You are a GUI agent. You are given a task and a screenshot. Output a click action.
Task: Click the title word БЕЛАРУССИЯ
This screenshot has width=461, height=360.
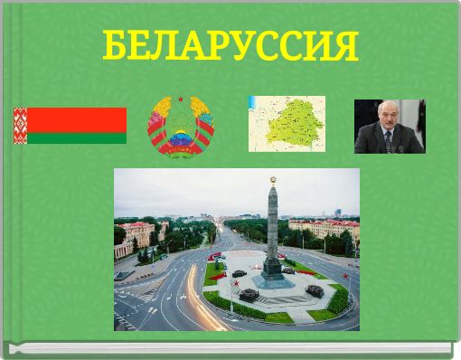pos(230,45)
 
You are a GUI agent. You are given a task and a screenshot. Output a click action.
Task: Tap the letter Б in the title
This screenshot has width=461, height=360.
pos(114,45)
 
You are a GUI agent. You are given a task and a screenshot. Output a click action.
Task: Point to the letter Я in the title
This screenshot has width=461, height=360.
pos(345,45)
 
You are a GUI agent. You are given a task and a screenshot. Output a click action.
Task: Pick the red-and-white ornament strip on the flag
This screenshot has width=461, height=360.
pos(19,126)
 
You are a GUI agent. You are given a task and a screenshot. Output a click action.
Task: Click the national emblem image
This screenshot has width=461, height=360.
pos(181,127)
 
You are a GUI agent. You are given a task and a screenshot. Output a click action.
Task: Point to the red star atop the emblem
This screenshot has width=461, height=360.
pos(181,99)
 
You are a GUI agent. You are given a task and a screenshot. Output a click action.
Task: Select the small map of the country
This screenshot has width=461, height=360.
pos(287,124)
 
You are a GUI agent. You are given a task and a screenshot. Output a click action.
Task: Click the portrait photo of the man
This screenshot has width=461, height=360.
pos(389,127)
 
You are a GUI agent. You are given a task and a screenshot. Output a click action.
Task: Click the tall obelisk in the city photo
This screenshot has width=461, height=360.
pos(271,226)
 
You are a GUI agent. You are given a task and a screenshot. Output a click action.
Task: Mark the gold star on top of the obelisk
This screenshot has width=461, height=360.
pos(271,179)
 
